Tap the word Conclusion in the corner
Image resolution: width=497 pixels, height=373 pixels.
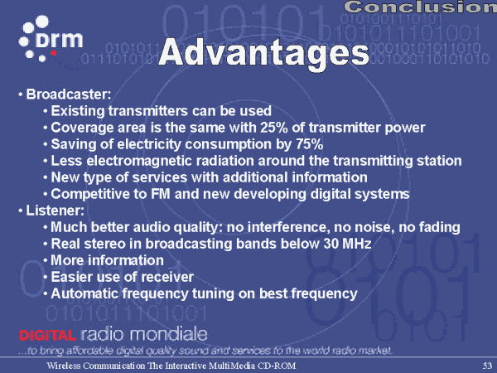coord(420,7)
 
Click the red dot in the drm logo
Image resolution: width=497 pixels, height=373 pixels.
coord(54,53)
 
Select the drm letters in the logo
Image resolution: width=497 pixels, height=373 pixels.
coord(60,40)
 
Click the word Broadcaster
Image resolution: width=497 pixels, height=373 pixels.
coord(69,94)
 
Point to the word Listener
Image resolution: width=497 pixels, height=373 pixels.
coord(55,211)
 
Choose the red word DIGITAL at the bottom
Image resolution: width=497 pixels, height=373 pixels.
coord(47,335)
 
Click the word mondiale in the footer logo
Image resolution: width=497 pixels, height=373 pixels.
coord(169,334)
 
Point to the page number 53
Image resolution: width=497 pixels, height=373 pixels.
coord(487,366)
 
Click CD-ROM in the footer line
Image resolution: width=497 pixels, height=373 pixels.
coord(277,366)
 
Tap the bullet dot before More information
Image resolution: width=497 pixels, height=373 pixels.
coord(46,261)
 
